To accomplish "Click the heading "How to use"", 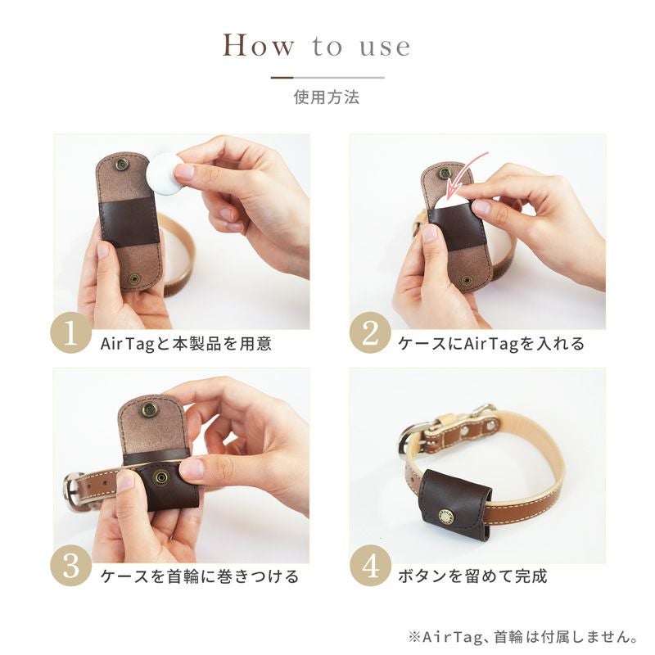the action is tap(317, 45).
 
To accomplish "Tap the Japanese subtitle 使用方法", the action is tap(327, 97).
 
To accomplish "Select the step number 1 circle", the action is tap(70, 333).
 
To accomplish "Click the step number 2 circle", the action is tap(370, 333).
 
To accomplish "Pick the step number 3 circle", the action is tap(70, 566).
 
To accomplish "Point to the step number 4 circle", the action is tap(370, 566).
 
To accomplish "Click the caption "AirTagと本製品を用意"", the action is tap(187, 344).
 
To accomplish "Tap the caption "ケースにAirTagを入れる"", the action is tap(491, 344).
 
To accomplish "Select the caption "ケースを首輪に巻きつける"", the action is tap(200, 576).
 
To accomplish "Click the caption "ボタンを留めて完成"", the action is tap(472, 576).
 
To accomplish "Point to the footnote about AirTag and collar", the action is tap(522, 637).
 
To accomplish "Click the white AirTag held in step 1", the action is tap(165, 174).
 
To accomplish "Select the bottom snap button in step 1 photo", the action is tap(134, 279).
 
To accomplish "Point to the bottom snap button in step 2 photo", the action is tap(467, 281).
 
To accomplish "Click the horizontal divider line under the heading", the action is tap(327, 77).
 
